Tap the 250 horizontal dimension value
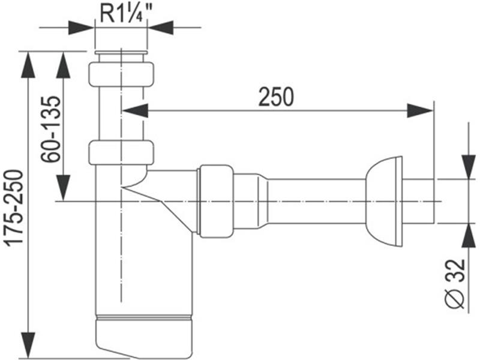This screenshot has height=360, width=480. [x=276, y=97]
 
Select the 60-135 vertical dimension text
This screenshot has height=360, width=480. [x=50, y=129]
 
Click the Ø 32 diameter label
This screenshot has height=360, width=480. [x=455, y=283]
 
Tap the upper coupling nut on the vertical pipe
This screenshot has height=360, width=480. [x=121, y=74]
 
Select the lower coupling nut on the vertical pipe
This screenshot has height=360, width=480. [x=121, y=153]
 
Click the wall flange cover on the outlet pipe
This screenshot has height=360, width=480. [x=384, y=202]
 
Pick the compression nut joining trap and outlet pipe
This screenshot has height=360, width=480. [x=216, y=202]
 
